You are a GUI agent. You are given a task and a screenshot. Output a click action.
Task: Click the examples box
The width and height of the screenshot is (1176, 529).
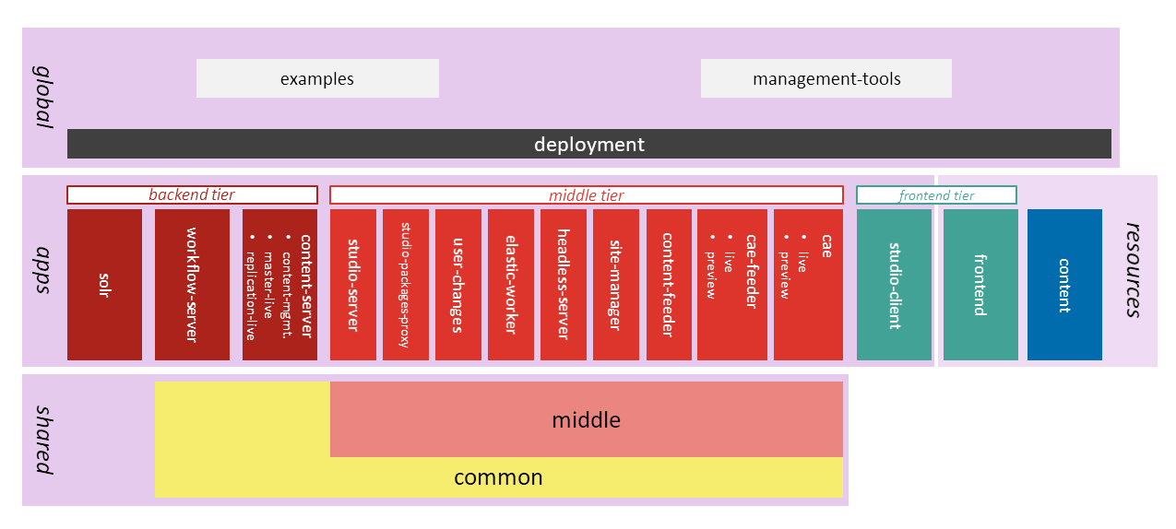(x=317, y=78)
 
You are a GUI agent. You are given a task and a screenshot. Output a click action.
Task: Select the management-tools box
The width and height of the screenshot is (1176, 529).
(x=826, y=78)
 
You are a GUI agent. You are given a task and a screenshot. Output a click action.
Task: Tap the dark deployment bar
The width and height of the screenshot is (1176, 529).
(x=588, y=144)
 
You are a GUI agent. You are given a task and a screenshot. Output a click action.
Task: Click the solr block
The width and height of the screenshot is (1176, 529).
(x=104, y=285)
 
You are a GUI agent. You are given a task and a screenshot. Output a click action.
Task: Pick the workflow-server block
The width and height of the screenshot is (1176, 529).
(x=192, y=285)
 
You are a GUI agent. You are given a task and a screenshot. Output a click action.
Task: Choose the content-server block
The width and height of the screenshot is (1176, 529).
(x=279, y=285)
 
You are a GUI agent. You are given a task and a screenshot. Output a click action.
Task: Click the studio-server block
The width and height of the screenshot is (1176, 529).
(x=352, y=285)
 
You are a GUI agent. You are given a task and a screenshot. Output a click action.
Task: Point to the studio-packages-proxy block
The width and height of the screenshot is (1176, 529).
(x=405, y=285)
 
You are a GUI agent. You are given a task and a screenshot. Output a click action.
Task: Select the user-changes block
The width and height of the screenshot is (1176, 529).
(x=457, y=285)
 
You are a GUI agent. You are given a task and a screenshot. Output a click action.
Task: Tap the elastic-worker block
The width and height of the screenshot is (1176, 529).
(x=510, y=285)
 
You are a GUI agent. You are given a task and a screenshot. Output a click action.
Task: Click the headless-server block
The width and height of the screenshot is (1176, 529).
(x=563, y=285)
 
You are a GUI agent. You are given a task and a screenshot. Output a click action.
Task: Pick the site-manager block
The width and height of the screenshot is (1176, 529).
(x=615, y=285)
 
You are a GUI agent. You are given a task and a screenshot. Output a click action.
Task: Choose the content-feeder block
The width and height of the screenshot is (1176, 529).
(x=669, y=285)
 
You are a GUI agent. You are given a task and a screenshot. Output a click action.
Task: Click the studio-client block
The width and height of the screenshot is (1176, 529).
(x=894, y=285)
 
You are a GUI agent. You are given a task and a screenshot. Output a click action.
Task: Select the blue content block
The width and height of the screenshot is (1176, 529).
(x=1064, y=285)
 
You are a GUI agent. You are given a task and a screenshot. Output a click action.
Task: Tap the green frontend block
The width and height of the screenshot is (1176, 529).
(x=980, y=285)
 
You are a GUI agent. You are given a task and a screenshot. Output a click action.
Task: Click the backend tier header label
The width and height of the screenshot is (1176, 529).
(x=192, y=194)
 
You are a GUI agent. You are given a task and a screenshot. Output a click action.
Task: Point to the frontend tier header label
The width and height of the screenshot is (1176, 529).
(x=936, y=194)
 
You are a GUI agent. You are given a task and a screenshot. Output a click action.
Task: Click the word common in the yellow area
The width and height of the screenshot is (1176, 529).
(x=498, y=477)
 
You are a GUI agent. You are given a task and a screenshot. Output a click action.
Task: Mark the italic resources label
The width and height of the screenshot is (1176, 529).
(x=1134, y=270)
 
